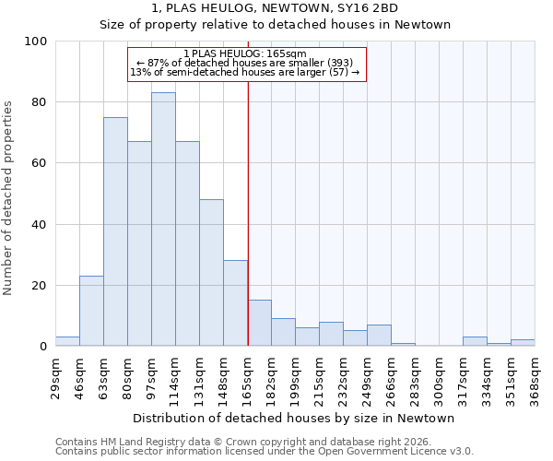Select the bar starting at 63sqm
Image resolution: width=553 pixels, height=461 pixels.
(115, 231)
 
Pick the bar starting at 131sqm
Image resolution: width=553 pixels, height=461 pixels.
(211, 273)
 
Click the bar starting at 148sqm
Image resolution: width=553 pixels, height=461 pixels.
(235, 303)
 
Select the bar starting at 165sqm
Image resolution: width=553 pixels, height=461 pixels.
(259, 323)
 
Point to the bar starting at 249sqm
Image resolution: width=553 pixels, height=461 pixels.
(379, 336)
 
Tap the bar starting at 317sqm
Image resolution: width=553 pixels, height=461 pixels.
(475, 341)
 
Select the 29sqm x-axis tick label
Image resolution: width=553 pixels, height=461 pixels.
(56, 375)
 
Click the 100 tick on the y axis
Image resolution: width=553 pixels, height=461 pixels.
(36, 41)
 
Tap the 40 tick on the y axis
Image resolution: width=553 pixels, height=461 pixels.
(40, 224)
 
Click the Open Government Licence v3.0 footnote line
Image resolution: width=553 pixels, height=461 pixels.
(265, 452)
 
